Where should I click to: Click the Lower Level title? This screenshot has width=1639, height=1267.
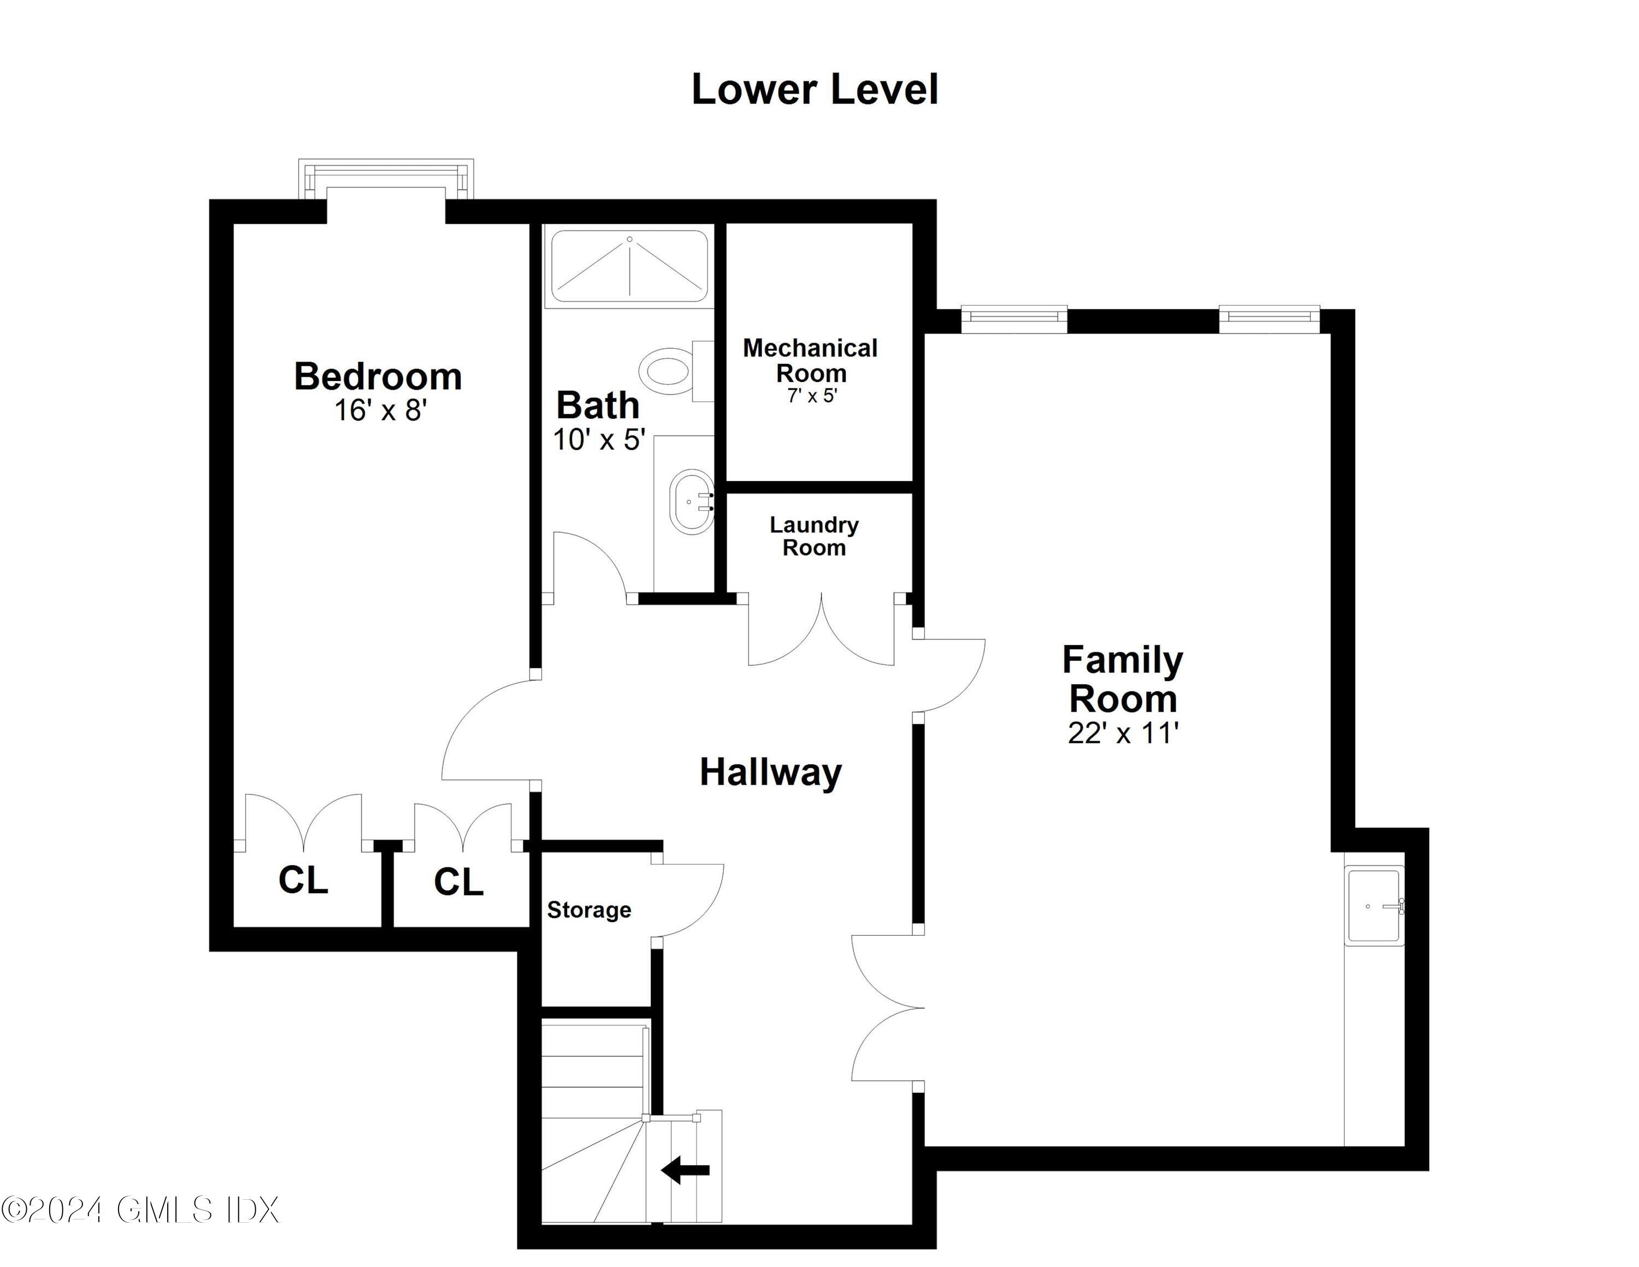pyautogui.click(x=814, y=89)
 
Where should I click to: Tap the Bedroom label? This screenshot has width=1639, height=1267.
pyautogui.click(x=378, y=376)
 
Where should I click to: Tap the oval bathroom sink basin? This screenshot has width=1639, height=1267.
pyautogui.click(x=691, y=502)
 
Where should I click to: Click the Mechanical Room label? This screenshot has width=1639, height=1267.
pyautogui.click(x=811, y=360)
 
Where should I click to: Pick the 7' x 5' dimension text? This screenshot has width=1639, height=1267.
pyautogui.click(x=811, y=396)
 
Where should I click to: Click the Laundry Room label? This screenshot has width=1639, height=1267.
pyautogui.click(x=814, y=536)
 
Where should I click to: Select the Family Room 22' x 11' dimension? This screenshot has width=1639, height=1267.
pyautogui.click(x=1123, y=734)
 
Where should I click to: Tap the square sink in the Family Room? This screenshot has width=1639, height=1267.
pyautogui.click(x=1374, y=905)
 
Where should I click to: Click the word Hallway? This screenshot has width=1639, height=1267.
pyautogui.click(x=771, y=772)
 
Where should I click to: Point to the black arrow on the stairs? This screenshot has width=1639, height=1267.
pyautogui.click(x=685, y=1169)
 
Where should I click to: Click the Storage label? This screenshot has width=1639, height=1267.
pyautogui.click(x=589, y=910)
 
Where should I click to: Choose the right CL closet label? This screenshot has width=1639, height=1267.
pyautogui.click(x=458, y=882)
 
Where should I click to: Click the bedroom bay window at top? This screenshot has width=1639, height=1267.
pyautogui.click(x=386, y=179)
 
